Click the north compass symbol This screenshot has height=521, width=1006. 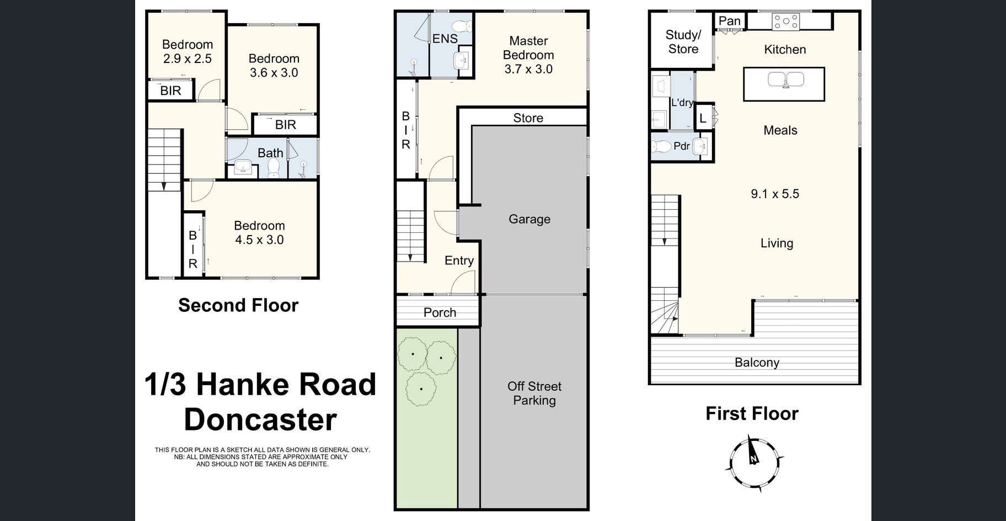[753, 462]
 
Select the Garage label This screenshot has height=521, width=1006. [529, 219]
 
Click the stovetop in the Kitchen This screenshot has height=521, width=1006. [786, 22]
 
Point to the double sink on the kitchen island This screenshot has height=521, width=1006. [785, 80]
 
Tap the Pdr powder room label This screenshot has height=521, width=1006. [682, 146]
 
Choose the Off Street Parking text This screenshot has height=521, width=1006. [534, 394]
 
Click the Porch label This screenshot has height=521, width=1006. [440, 312]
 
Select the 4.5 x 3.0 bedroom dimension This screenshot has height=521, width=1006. [259, 240]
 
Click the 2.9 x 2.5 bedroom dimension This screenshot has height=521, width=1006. [187, 59]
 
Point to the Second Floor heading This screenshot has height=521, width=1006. [238, 305]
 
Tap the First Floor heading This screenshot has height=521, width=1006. [752, 413]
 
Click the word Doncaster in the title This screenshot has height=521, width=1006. [260, 419]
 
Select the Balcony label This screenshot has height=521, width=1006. [757, 363]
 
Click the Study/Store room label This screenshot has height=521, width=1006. [683, 42]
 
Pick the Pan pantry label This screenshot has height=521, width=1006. [730, 21]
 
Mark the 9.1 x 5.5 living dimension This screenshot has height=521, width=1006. [775, 194]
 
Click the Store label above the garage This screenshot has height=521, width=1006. [528, 118]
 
